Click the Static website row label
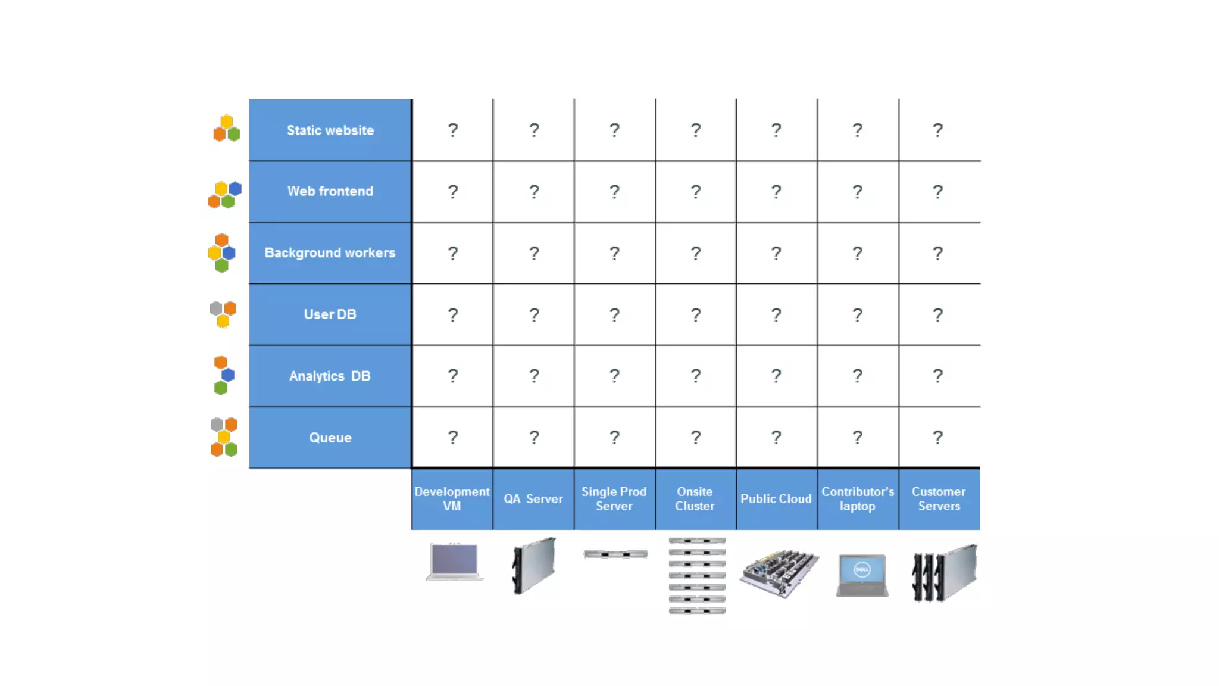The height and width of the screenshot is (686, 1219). tap(330, 130)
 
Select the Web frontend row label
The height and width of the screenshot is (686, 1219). tap(330, 191)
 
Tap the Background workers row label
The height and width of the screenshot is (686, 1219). tap(330, 253)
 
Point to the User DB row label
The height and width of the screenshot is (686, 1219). tap(330, 314)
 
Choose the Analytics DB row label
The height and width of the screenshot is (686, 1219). tap(330, 376)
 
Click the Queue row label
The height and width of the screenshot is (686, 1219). tap(330, 438)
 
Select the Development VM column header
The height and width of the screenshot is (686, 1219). tap(452, 499)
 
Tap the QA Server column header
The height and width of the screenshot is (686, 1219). tap(533, 499)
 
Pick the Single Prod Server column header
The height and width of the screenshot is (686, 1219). tap(614, 499)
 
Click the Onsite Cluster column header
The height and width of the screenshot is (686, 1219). tap(695, 499)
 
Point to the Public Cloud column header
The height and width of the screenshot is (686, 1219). tap(776, 499)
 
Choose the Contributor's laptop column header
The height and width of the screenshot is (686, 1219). tap(858, 499)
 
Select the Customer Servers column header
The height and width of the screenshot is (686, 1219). tap(939, 499)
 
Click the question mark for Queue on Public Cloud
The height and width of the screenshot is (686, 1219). tap(776, 438)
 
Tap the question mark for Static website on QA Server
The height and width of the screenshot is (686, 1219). tap(534, 130)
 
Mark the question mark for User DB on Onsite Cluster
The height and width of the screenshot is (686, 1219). tap(696, 314)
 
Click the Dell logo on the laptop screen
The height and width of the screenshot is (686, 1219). tap(862, 570)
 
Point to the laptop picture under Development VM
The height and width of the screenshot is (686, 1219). tap(454, 562)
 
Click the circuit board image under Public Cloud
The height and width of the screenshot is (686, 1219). tap(779, 573)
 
